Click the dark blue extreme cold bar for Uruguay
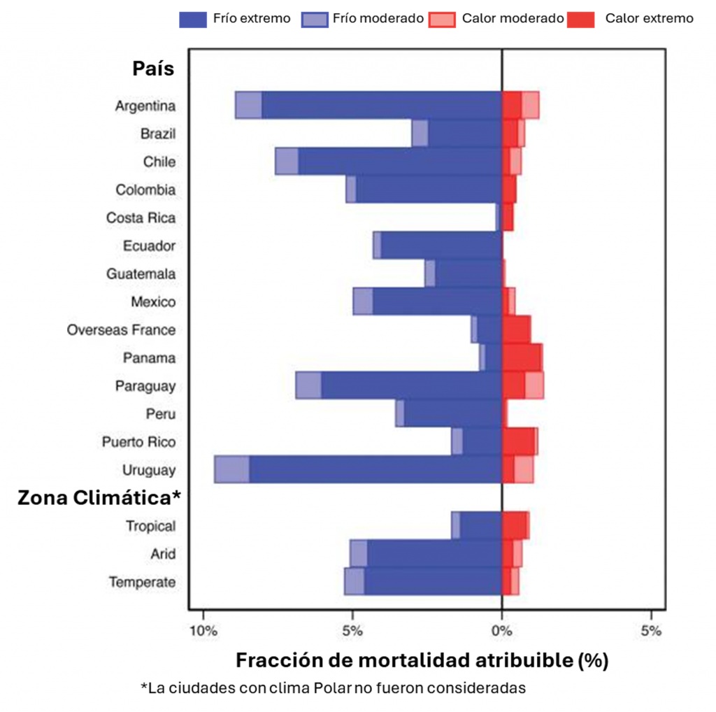click(x=375, y=469)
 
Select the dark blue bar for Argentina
click(x=381, y=106)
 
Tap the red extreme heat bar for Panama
click(x=521, y=357)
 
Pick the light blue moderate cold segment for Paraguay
click(x=308, y=385)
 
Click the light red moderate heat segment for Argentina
click(x=530, y=106)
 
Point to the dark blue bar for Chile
click(x=399, y=162)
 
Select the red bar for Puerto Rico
click(x=518, y=441)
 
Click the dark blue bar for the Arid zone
click(x=434, y=553)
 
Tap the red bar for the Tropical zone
click(x=514, y=525)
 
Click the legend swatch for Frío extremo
click(x=193, y=20)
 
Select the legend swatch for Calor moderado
click(x=442, y=20)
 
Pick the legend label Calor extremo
click(x=649, y=19)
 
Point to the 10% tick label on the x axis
click(x=203, y=631)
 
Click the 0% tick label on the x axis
click(x=501, y=631)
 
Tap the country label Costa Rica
click(x=141, y=218)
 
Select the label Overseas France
click(x=121, y=329)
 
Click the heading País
click(x=153, y=69)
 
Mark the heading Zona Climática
click(x=99, y=498)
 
